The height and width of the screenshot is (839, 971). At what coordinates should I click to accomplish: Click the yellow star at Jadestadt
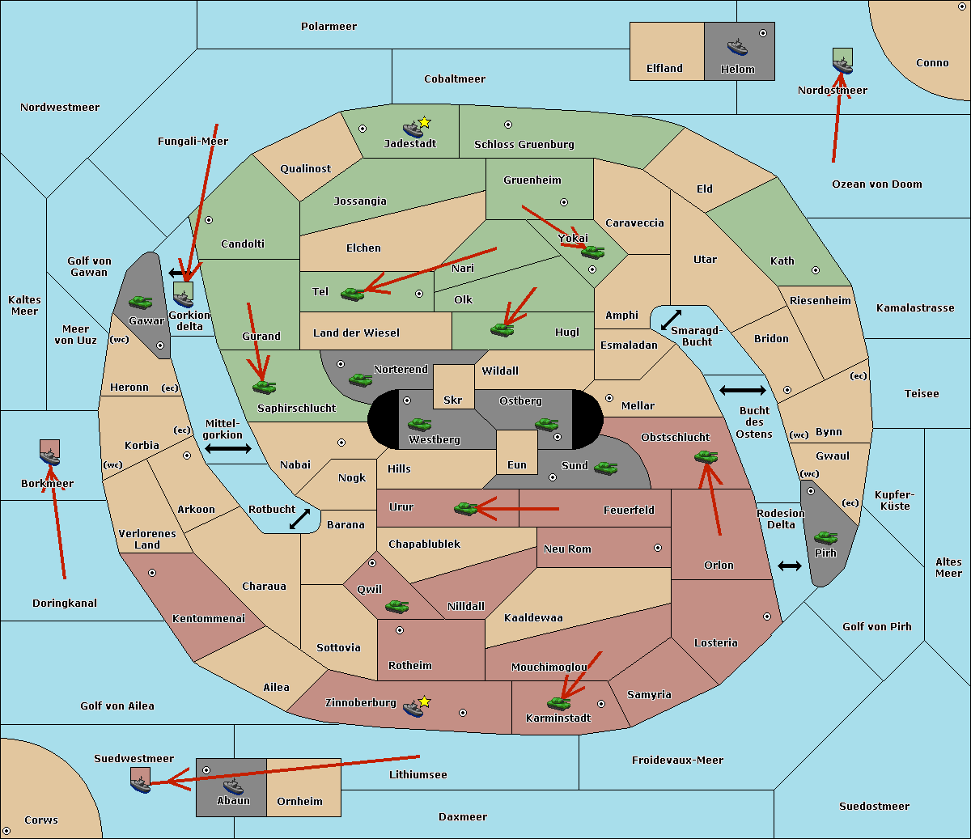coord(424,123)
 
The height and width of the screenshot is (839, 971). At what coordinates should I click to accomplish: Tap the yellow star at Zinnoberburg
coord(424,701)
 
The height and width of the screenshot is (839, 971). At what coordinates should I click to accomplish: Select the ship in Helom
coord(737,46)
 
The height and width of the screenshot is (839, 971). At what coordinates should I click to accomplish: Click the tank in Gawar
coord(141,302)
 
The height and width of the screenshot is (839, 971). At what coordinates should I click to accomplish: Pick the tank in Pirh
coord(825,537)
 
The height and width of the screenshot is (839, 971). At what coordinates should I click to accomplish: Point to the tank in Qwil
coord(397,606)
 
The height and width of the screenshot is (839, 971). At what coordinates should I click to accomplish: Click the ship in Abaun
coord(233,786)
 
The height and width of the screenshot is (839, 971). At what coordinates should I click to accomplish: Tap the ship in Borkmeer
coord(49,456)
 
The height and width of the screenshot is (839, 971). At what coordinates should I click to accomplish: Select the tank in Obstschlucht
coord(706,456)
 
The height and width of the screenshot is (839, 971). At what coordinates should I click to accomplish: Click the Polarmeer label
coord(329,27)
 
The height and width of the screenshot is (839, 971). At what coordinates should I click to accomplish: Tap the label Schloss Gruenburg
coord(524,144)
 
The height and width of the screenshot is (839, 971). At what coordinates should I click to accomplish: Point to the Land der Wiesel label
coord(356,333)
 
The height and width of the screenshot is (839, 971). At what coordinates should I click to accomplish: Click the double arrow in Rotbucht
coord(299,519)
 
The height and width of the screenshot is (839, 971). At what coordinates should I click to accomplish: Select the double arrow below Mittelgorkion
coord(228,448)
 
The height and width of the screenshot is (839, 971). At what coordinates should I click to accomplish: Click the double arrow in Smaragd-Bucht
coord(671,320)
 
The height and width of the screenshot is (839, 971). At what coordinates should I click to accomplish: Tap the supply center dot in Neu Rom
coord(658,548)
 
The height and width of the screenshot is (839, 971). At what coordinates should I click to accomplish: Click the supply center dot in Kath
coord(816,270)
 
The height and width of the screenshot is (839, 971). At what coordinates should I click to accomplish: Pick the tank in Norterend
coord(360,379)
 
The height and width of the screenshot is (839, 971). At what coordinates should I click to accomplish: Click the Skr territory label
coord(453,400)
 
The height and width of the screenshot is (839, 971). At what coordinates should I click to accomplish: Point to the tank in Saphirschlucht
coord(264,387)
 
